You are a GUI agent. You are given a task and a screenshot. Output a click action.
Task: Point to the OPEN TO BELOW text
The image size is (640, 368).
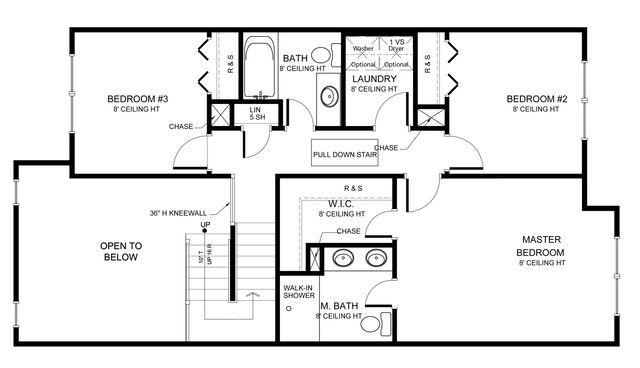tap(121, 251)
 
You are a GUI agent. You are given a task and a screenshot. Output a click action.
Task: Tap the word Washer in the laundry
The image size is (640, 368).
tap(362, 48)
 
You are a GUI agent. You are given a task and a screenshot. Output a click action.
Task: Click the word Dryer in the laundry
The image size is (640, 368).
tap(396, 48)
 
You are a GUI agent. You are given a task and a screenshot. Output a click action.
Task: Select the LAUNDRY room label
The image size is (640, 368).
tap(374, 79)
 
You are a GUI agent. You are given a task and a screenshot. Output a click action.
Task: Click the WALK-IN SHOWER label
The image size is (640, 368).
tap(299, 291)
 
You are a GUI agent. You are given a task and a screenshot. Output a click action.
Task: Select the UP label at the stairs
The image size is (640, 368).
tap(205, 225)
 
